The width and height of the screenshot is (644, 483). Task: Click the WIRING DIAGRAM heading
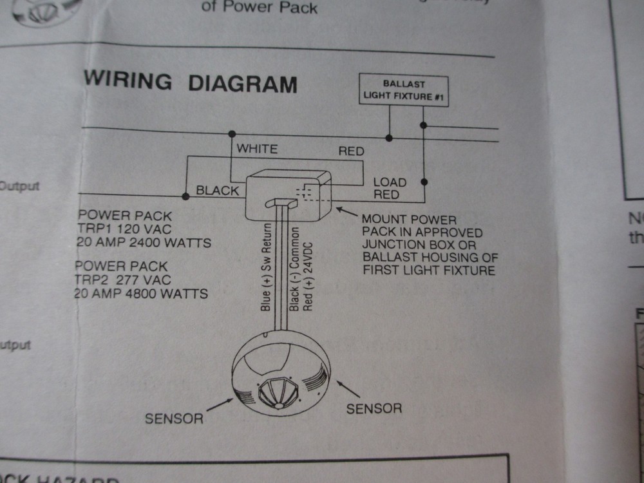(191, 83)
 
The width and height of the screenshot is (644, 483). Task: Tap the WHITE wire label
(257, 149)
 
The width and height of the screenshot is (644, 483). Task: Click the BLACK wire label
(217, 191)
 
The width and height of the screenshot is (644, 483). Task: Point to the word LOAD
(390, 182)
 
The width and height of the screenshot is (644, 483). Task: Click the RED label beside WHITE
(351, 151)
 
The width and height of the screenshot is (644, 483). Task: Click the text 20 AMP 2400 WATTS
(144, 243)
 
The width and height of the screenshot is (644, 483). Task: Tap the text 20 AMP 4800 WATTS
(141, 294)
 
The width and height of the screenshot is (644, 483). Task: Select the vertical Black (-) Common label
(294, 269)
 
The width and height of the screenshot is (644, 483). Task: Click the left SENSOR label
(174, 418)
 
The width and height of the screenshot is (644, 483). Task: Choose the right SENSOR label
(374, 408)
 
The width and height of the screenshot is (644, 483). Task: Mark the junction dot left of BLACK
(185, 194)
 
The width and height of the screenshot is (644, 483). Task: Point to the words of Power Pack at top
(260, 8)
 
